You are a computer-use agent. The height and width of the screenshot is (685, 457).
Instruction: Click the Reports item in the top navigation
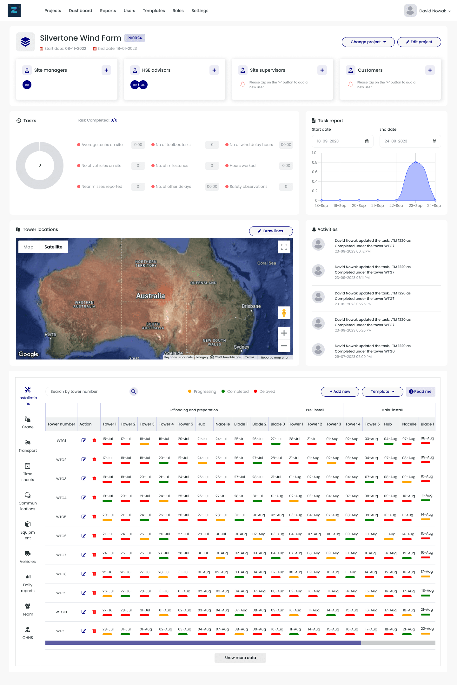(x=108, y=10)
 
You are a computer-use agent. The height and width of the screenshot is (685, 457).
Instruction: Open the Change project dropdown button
(x=368, y=42)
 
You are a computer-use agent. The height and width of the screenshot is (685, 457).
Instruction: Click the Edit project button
(x=419, y=42)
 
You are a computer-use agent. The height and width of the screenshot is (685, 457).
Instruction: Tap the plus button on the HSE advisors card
(x=214, y=70)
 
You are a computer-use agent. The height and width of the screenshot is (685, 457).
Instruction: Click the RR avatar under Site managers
(x=27, y=85)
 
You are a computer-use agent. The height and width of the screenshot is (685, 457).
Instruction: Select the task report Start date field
(x=342, y=141)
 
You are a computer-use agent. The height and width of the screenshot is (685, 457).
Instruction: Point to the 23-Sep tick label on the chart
(x=415, y=206)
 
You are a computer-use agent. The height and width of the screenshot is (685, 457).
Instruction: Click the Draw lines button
(x=271, y=231)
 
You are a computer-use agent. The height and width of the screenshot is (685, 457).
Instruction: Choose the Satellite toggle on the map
(x=53, y=247)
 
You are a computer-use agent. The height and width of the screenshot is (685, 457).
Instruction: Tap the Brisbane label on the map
(x=251, y=306)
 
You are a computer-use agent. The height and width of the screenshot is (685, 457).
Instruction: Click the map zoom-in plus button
(x=284, y=333)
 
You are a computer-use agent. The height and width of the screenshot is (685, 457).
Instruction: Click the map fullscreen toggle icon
(x=284, y=247)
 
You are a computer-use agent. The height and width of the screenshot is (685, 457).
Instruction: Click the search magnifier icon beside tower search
(x=134, y=392)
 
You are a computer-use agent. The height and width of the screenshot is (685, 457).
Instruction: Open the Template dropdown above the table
(x=382, y=392)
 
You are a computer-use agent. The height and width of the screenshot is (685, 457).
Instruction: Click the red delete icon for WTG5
(x=94, y=517)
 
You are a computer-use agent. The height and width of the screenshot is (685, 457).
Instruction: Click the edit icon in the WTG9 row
(x=84, y=593)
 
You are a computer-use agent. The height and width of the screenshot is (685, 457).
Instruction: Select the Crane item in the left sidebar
(x=28, y=422)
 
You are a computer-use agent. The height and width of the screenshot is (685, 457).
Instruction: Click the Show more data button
(x=240, y=658)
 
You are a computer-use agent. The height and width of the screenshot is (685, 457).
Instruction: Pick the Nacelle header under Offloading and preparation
(x=223, y=424)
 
